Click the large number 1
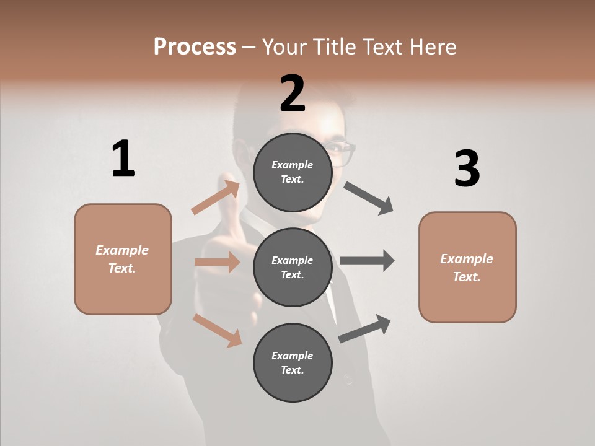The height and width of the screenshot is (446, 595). click(123, 159)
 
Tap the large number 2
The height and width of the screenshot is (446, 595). click(293, 94)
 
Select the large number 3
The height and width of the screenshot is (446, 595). click(467, 168)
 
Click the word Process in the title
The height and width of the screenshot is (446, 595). click(195, 46)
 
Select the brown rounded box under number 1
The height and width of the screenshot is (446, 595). click(123, 259)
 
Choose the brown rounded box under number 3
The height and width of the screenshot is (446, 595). click(467, 267)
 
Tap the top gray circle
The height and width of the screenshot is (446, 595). click(293, 172)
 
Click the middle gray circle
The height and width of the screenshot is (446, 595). click(293, 267)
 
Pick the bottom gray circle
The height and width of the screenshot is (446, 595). click(293, 362)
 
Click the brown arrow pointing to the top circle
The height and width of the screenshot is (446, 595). click(216, 197)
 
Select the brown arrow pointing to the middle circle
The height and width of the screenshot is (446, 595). click(217, 262)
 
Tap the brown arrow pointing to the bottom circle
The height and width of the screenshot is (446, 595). click(218, 330)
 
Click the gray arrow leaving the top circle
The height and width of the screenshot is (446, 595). click(368, 198)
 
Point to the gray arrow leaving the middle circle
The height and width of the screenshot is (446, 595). click(367, 260)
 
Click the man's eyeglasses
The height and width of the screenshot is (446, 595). click(343, 152)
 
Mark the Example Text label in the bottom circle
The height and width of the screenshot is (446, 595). click(293, 362)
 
